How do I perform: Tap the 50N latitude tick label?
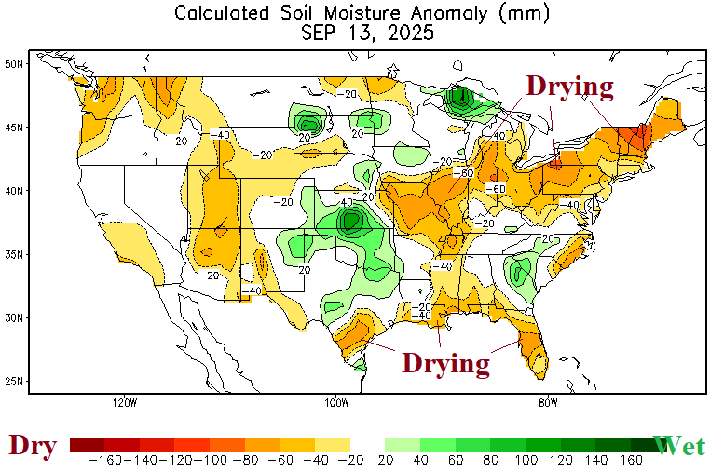click(14, 63)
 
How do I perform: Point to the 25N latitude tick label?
click(14, 381)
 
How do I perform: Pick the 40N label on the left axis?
click(14, 191)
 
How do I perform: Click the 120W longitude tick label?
click(124, 402)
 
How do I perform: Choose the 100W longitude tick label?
click(336, 402)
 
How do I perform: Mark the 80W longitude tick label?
click(548, 402)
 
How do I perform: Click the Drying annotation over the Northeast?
click(570, 87)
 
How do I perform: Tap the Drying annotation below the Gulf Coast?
click(445, 362)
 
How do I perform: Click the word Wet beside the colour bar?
click(679, 446)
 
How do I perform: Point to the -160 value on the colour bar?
click(104, 461)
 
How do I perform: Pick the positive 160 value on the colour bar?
click(630, 461)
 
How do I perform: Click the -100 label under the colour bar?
click(210, 461)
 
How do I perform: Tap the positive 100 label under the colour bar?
click(526, 461)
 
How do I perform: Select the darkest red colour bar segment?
click(87, 445)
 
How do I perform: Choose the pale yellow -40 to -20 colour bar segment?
click(333, 445)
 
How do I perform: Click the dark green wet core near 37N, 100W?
click(351, 222)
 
